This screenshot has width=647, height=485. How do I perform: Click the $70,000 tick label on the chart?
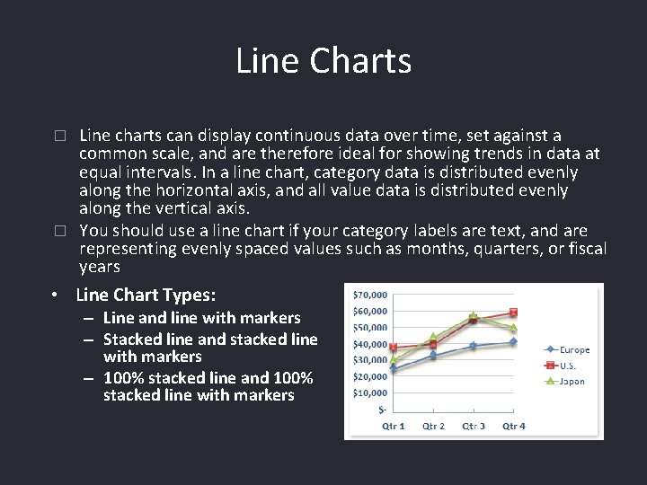click(369, 294)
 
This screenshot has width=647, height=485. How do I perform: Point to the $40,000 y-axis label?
click(369, 344)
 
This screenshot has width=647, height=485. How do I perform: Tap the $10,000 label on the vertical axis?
click(369, 392)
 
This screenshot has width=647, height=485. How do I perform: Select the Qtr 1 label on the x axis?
click(394, 426)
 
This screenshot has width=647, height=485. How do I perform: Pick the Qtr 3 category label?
click(474, 426)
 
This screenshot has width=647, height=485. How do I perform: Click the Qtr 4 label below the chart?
click(514, 426)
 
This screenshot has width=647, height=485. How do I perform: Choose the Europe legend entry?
click(574, 349)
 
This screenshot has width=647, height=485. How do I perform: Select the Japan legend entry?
click(572, 382)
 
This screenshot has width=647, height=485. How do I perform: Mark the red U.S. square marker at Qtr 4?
click(513, 313)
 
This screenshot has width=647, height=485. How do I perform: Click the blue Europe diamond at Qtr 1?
click(394, 368)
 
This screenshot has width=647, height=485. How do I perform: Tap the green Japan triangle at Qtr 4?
click(513, 328)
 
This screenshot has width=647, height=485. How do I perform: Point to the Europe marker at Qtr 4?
click(513, 341)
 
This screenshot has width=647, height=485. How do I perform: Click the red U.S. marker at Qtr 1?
click(394, 348)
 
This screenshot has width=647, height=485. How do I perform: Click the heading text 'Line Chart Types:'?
click(146, 295)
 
